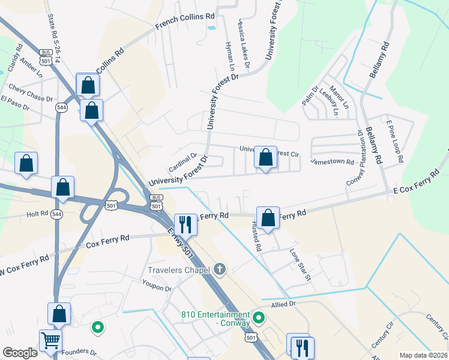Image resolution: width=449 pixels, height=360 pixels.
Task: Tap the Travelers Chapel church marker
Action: click(x=220, y=270)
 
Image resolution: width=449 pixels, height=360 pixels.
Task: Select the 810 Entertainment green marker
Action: click(x=259, y=317)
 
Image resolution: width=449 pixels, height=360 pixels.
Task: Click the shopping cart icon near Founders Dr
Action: click(x=50, y=341)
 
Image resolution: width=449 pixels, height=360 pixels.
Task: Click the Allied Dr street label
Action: click(x=284, y=305)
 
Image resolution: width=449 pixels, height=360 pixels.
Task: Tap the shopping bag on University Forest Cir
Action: click(x=265, y=158)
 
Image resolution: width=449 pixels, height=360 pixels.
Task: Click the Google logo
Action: click(x=20, y=353)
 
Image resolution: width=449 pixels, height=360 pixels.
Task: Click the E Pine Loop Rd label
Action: click(x=394, y=141)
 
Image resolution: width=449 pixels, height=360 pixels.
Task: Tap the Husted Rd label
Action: click(x=256, y=235)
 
